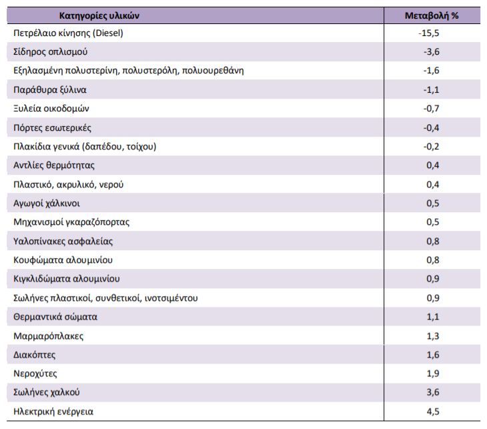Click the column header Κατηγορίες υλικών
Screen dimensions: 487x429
[x=99, y=15]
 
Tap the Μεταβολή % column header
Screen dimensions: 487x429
[x=432, y=15]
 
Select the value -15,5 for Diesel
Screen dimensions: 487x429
[x=428, y=33]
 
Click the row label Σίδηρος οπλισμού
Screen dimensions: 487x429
[x=50, y=51]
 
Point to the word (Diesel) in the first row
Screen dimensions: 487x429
[x=108, y=33]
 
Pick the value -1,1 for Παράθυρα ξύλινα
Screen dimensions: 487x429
[x=431, y=90]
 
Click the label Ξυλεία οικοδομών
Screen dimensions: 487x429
[x=51, y=108]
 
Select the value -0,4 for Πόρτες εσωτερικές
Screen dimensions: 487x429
[x=431, y=127]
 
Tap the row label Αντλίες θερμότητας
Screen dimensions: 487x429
[x=54, y=165]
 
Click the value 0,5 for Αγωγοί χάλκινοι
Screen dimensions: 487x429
[x=433, y=203]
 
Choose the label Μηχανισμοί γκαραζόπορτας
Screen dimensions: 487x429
[x=71, y=222]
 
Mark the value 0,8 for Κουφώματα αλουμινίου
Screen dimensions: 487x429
[x=433, y=260]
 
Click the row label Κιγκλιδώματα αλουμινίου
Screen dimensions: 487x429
[x=67, y=279]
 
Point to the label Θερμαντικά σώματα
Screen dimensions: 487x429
[x=55, y=317]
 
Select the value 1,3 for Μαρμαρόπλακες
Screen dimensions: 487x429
[x=433, y=336]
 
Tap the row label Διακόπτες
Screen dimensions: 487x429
[x=35, y=355]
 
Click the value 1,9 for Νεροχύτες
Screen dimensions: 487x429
[x=433, y=374]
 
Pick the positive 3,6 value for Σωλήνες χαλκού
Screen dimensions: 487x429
[x=433, y=392]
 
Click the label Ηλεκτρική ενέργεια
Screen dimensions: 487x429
[x=53, y=412]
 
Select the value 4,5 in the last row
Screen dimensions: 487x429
[x=433, y=412]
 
